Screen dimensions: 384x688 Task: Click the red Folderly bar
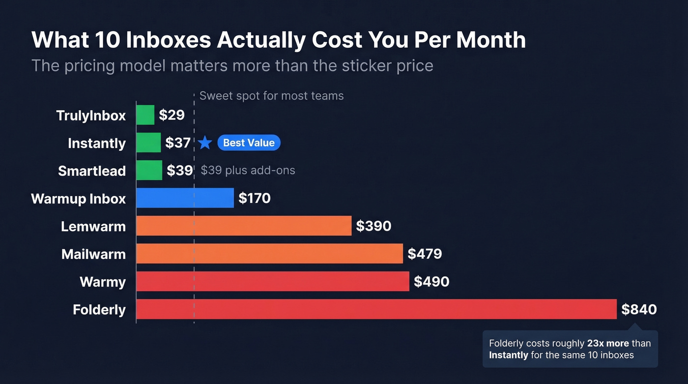click(x=376, y=309)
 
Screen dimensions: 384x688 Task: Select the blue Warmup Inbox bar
click(x=185, y=198)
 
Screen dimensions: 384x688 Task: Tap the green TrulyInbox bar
click(x=145, y=115)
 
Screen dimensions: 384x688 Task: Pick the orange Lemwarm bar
click(x=244, y=226)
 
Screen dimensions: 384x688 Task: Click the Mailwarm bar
click(x=269, y=254)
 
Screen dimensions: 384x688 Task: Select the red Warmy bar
click(x=272, y=282)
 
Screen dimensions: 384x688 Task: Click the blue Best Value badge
click(x=249, y=143)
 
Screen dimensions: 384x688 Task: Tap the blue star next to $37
click(x=205, y=143)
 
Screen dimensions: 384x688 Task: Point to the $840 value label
click(x=639, y=309)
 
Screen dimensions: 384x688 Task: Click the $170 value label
click(x=255, y=198)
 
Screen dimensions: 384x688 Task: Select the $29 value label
click(x=172, y=115)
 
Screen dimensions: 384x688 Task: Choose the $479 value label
click(x=425, y=254)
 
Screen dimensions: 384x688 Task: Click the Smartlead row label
click(x=92, y=171)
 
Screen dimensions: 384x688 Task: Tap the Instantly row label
click(x=97, y=143)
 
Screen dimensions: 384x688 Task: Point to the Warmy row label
click(x=103, y=282)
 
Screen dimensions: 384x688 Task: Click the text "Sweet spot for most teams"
click(x=271, y=95)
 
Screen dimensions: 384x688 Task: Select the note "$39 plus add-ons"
click(x=248, y=171)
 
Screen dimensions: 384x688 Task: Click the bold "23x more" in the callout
click(x=608, y=343)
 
